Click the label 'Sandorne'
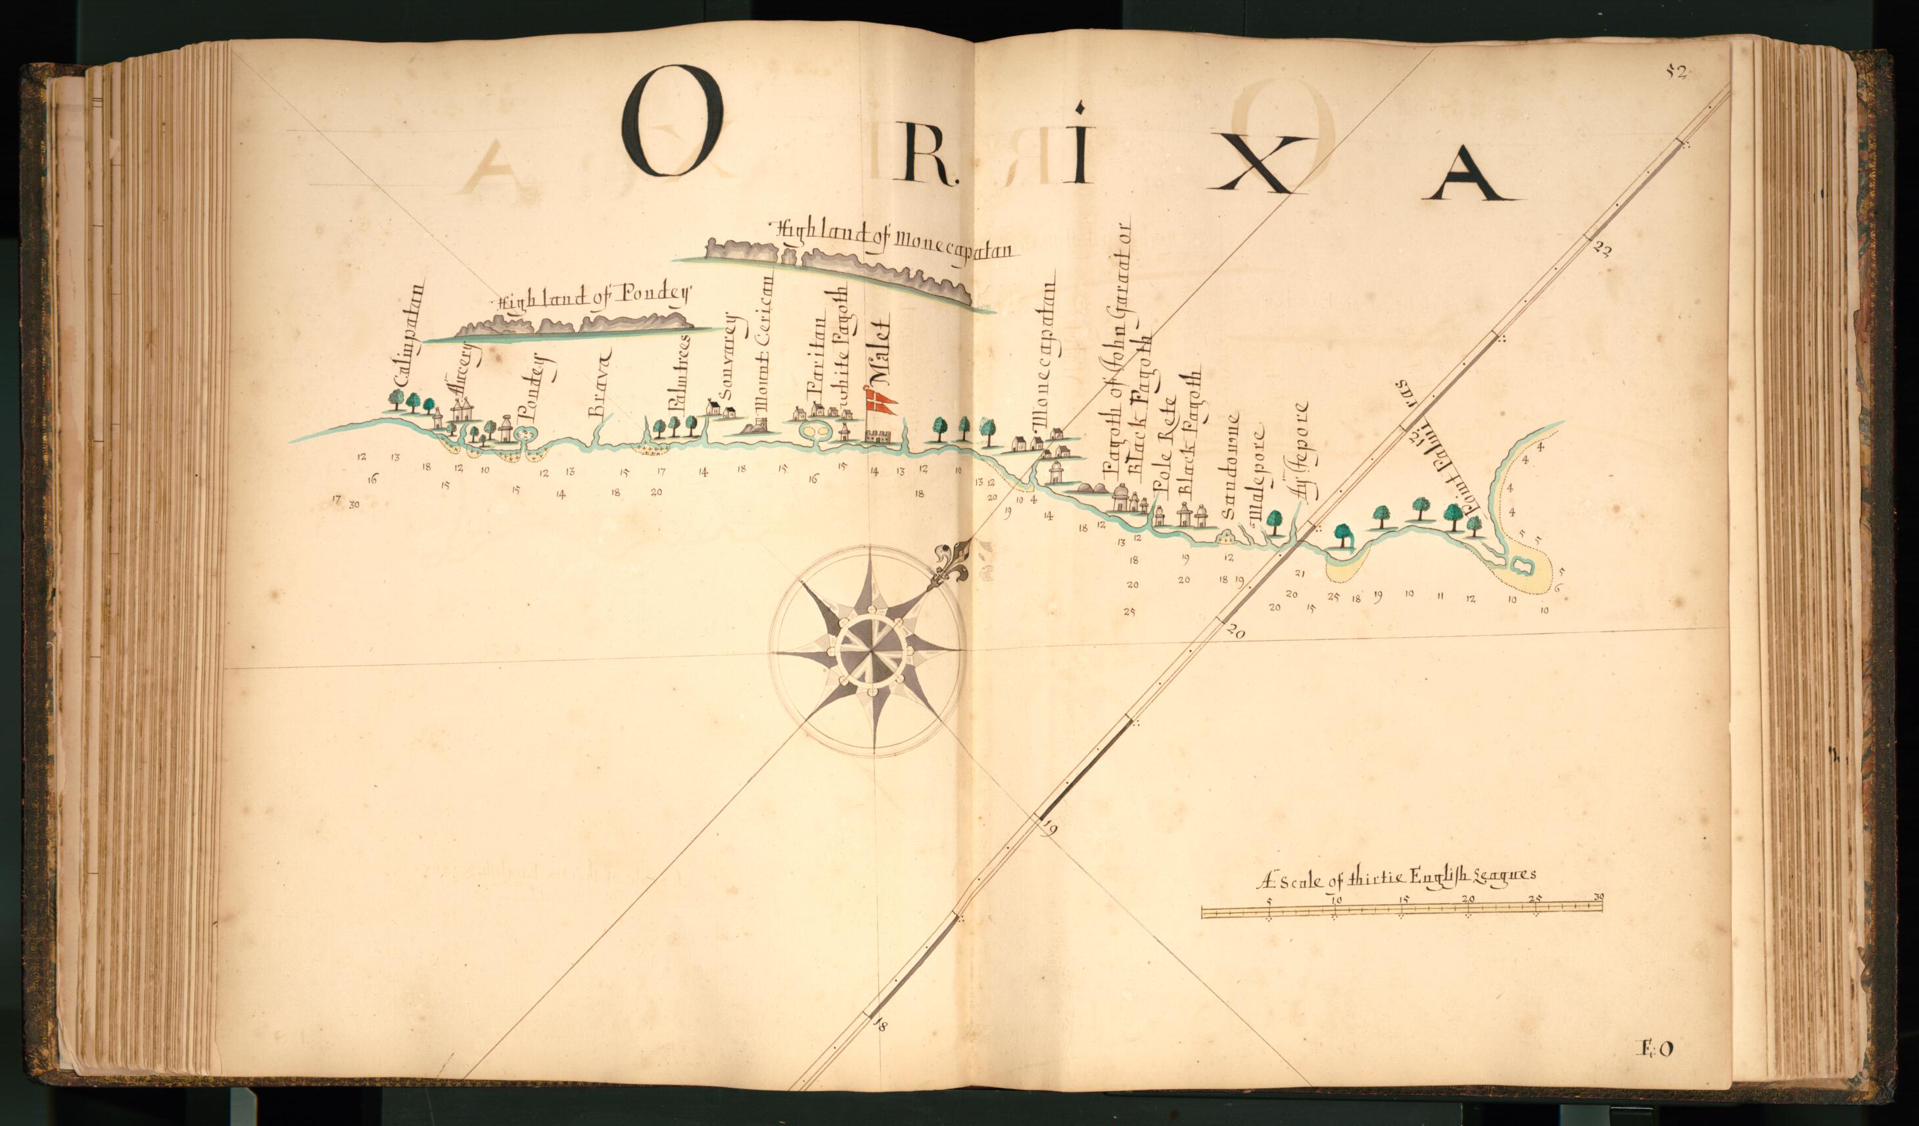[1231, 465]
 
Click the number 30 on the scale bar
[1598, 896]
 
